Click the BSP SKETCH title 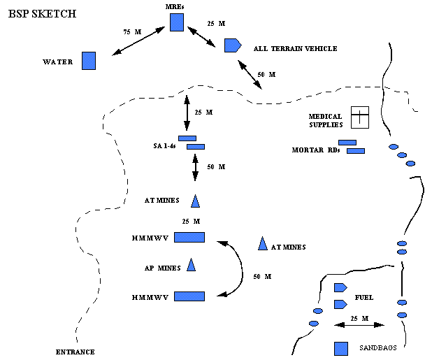pos(42,13)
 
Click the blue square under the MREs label pos(177,23)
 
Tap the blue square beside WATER pos(89,61)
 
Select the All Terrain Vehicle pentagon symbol pos(232,45)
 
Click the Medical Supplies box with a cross pos(359,117)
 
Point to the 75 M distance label pos(131,32)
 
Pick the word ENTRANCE pos(75,351)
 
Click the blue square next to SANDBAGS pos(342,348)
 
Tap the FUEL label pos(364,297)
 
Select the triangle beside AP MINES pos(191,265)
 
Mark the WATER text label pos(58,62)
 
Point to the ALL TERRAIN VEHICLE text pos(296,48)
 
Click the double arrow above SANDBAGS pos(360,324)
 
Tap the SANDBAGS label pos(378,347)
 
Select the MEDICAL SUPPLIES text pos(326,120)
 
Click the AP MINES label pos(158,267)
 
